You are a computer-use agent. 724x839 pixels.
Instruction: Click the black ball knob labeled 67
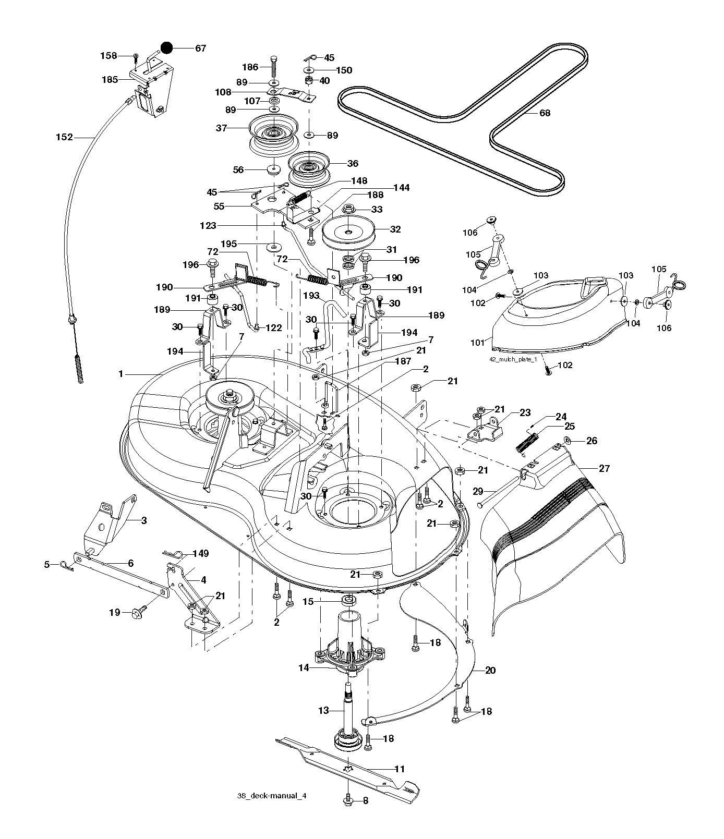pyautogui.click(x=167, y=48)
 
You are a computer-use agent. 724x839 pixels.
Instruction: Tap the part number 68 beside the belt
pyautogui.click(x=545, y=113)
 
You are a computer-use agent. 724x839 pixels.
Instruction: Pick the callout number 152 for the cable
pyautogui.click(x=64, y=137)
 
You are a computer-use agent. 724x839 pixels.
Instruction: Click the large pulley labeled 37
pyautogui.click(x=273, y=135)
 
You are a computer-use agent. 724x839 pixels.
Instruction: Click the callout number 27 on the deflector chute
pyautogui.click(x=604, y=468)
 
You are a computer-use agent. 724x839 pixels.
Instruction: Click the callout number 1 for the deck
pyautogui.click(x=121, y=373)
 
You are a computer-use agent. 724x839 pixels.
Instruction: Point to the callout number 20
pyautogui.click(x=490, y=671)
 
